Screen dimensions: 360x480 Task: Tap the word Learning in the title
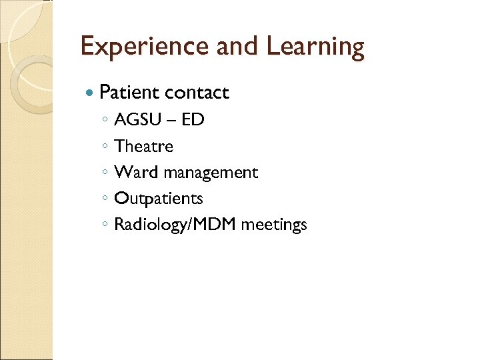pos(316,47)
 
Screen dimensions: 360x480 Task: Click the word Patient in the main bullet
pos(129,93)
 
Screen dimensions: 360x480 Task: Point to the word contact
pos(197,93)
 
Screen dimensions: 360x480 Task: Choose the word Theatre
pos(143,146)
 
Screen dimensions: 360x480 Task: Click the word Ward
pos(136,172)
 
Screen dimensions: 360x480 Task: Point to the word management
pos(211,173)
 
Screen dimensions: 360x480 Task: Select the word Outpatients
pos(159,199)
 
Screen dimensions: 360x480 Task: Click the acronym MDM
pos(217,225)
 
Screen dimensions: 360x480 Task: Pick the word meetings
pos(274,225)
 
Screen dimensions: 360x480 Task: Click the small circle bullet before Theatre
pos(105,147)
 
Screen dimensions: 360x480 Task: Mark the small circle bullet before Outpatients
pos(105,199)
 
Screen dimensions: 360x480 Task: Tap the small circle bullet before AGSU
pos(105,121)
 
